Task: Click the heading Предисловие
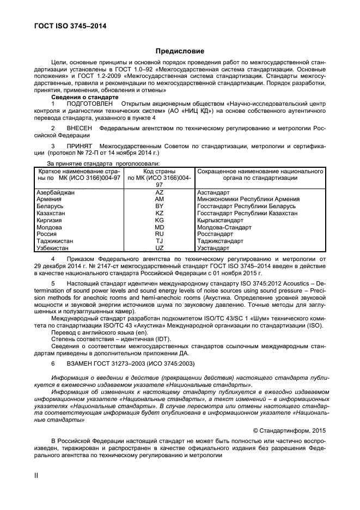tap(180, 51)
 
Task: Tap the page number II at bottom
tap(36, 475)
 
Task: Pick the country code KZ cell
tap(160, 214)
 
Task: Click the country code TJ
tap(160, 241)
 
